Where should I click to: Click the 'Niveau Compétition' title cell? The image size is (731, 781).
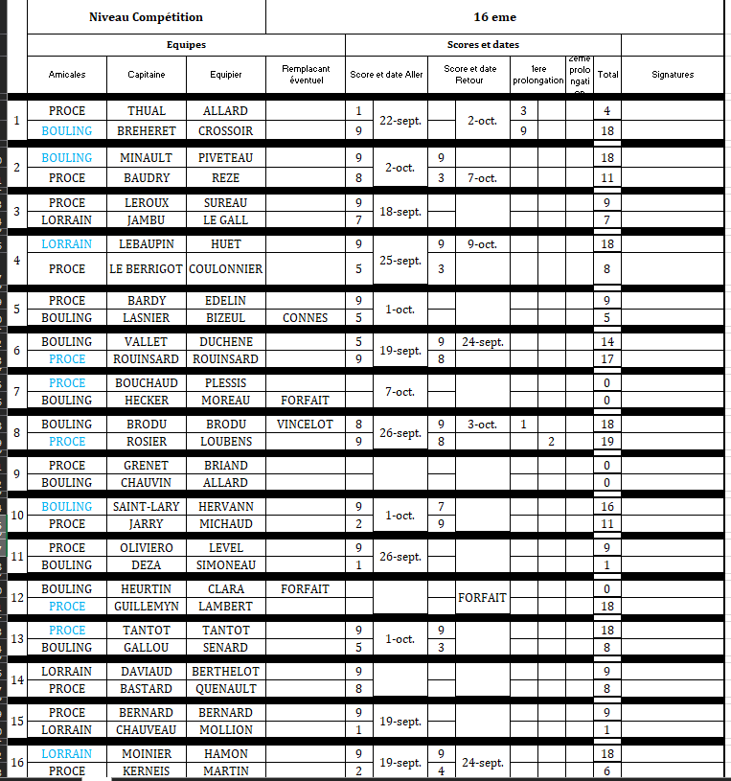[x=146, y=17]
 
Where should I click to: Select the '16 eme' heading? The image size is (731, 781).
[x=493, y=17]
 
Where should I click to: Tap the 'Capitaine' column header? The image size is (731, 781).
[x=147, y=74]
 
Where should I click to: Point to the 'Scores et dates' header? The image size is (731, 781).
[x=483, y=45]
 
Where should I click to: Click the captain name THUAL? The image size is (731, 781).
[x=147, y=111]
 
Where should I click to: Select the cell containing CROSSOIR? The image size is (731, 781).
[x=225, y=130]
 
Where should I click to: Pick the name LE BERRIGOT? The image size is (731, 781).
[x=147, y=269]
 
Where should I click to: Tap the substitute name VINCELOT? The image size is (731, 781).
[x=306, y=425]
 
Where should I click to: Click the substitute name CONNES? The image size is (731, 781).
[x=306, y=318]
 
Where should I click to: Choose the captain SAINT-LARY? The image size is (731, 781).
[x=147, y=507]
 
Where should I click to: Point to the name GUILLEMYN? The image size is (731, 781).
[x=147, y=607]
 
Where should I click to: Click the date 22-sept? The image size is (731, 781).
[x=400, y=121]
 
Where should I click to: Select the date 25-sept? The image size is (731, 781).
[x=400, y=261]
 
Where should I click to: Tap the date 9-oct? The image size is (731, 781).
[x=482, y=244]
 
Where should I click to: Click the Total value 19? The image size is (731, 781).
[x=606, y=442]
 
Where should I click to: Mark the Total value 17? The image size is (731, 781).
[x=606, y=359]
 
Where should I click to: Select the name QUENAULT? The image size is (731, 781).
[x=225, y=689]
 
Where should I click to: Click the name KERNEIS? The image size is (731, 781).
[x=147, y=771]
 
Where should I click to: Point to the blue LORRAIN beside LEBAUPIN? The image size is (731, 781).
[x=67, y=244]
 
